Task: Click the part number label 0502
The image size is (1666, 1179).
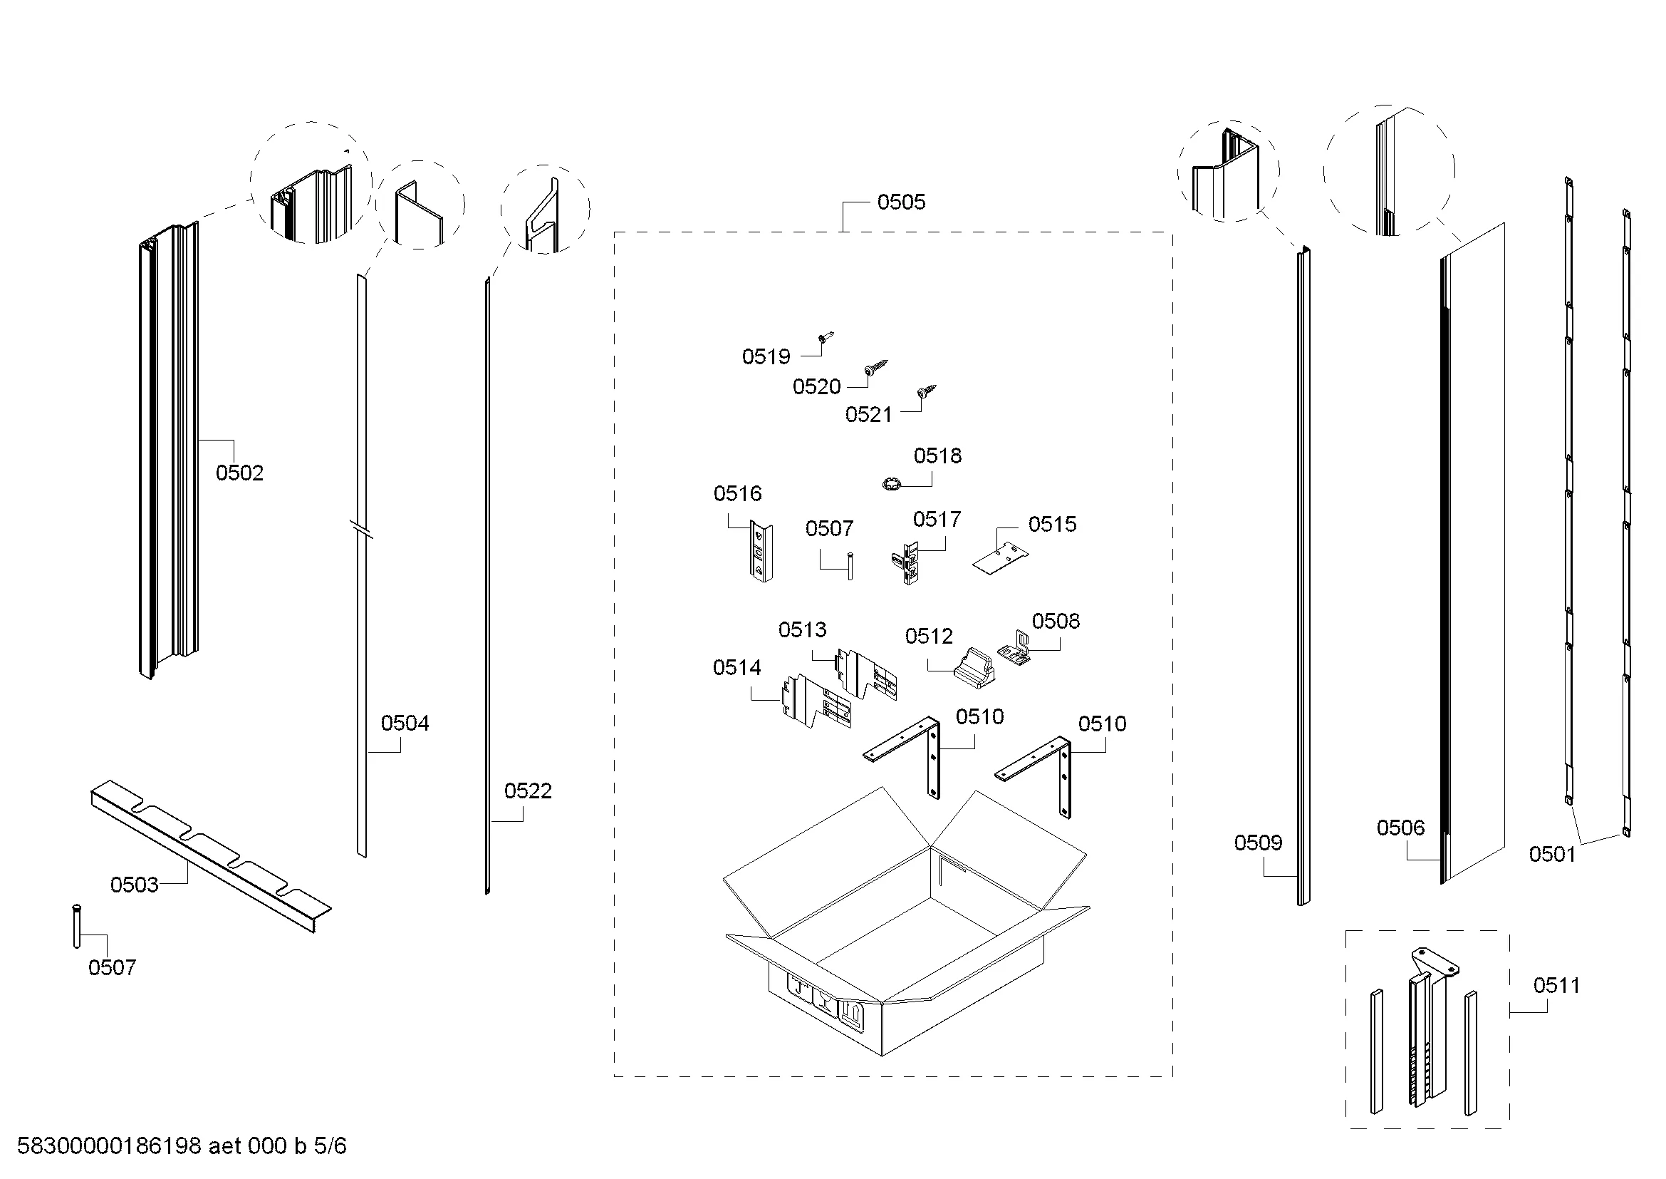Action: click(239, 473)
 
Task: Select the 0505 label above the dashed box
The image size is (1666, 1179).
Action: click(901, 202)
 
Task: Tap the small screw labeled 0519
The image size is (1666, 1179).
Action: click(826, 338)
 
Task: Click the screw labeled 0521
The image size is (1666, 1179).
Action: click(927, 391)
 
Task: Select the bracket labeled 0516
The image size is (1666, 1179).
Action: click(761, 552)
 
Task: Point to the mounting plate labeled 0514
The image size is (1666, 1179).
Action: click(816, 702)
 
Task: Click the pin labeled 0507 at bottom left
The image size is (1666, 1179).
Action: click(76, 927)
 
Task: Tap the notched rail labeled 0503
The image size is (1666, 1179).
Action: click(210, 857)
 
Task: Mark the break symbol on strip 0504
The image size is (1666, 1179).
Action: click(361, 529)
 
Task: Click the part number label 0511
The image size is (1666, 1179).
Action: click(1556, 986)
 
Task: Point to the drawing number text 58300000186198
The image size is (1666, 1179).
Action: click(109, 1146)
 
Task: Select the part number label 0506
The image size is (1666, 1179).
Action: click(1400, 828)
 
